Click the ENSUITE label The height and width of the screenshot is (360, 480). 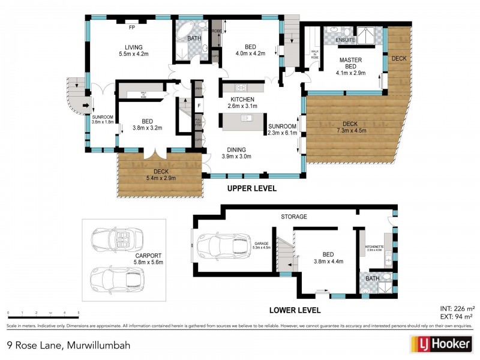click(346, 40)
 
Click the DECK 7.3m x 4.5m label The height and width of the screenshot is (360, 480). click(352, 127)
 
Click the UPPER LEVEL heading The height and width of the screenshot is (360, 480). click(251, 188)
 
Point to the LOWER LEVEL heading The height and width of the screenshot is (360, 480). click(295, 310)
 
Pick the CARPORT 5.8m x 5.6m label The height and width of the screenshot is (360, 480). click(148, 259)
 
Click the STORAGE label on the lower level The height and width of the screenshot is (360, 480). click(294, 216)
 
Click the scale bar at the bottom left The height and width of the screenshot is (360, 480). click(43, 314)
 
